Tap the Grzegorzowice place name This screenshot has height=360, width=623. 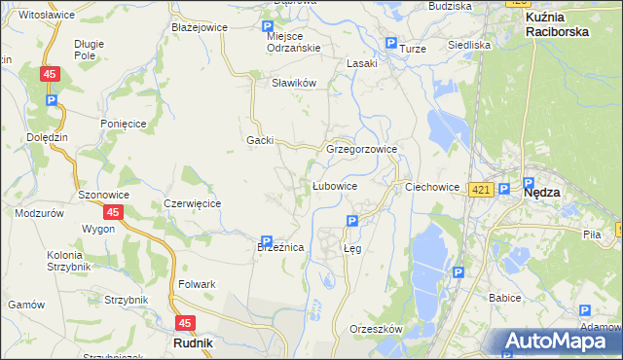pyautogui.click(x=362, y=150)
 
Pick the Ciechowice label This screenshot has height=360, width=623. pyautogui.click(x=431, y=186)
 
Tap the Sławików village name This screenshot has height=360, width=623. pyautogui.click(x=295, y=83)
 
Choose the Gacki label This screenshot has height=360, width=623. pyautogui.click(x=260, y=140)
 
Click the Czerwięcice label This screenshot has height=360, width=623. pyautogui.click(x=193, y=203)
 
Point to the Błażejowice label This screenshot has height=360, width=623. pyautogui.click(x=199, y=27)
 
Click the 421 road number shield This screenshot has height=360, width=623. pyautogui.click(x=479, y=190)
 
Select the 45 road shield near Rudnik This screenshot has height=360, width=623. pyautogui.click(x=185, y=323)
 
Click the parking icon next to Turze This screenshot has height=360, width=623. pyautogui.click(x=391, y=44)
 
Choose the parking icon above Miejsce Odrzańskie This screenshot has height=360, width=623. pyautogui.click(x=269, y=27)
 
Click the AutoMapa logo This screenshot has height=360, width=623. pyautogui.click(x=561, y=342)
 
